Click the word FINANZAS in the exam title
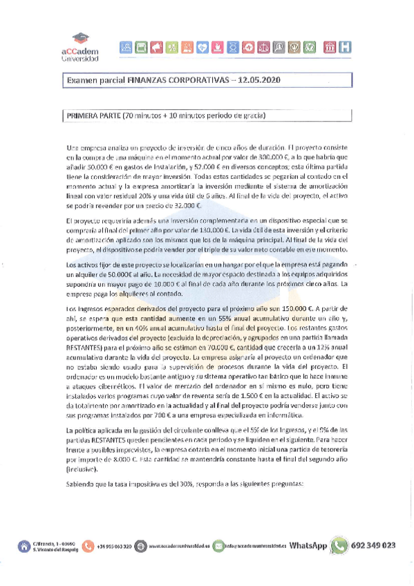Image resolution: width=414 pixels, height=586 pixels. pyautogui.click(x=148, y=81)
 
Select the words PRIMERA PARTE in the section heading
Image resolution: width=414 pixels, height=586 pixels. pyautogui.click(x=91, y=115)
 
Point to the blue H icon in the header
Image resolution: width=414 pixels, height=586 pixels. pyautogui.click(x=344, y=47)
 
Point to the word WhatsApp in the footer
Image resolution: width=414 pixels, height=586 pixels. pyautogui.click(x=308, y=545)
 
